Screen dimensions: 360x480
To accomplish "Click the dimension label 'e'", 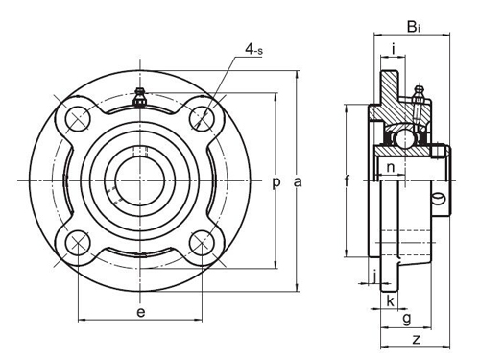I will (141, 312).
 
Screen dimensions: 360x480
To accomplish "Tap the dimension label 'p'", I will (277, 181).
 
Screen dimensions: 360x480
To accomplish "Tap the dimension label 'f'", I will (347, 180).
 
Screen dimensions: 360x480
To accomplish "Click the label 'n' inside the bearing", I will (391, 169).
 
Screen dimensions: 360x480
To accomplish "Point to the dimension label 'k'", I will (389, 301).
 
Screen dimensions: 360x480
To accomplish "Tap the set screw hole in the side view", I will (441, 201).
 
